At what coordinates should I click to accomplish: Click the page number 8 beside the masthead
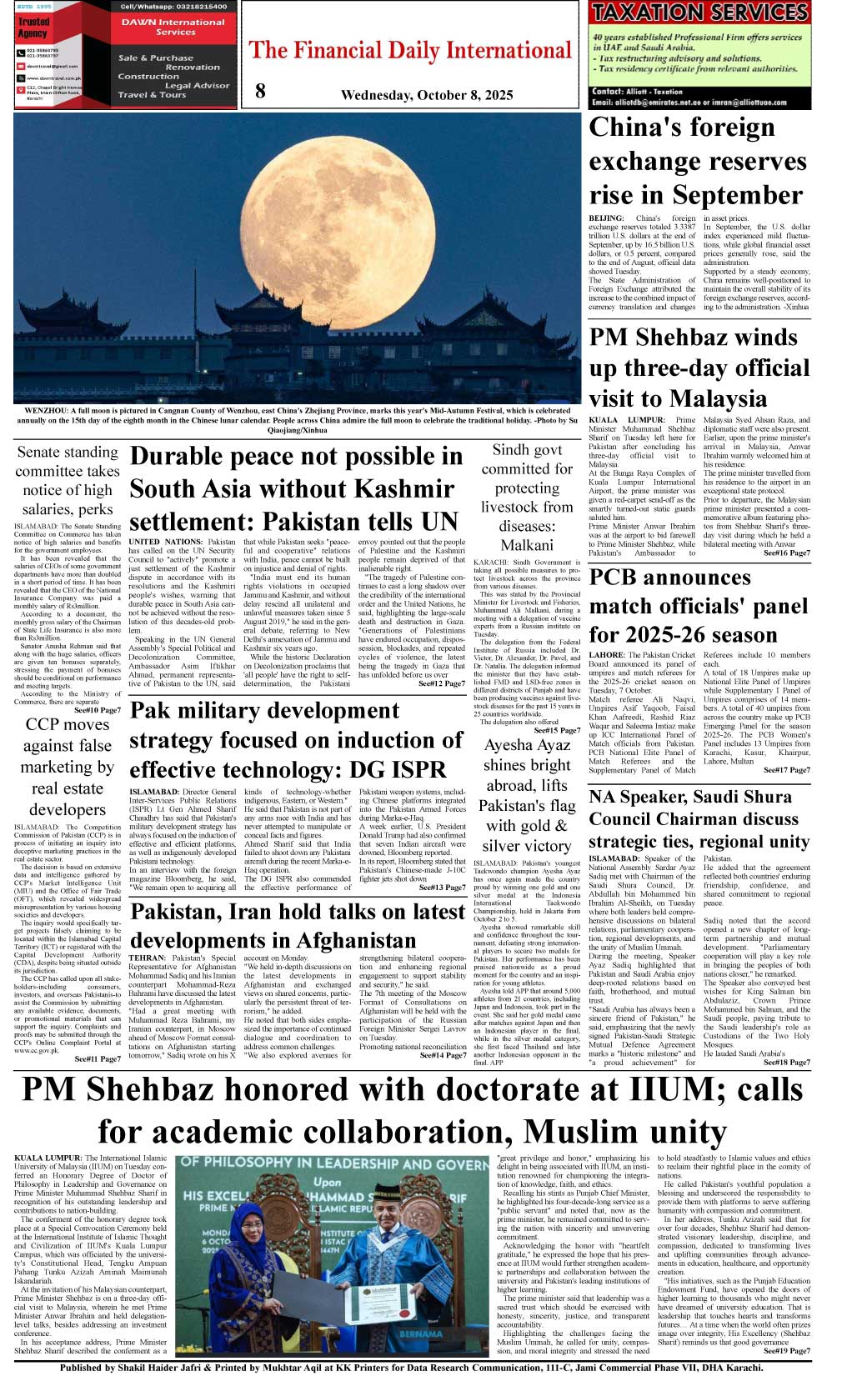[x=260, y=92]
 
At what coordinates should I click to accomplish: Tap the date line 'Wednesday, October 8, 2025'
[x=426, y=95]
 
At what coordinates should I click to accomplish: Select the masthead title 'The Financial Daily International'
[x=411, y=51]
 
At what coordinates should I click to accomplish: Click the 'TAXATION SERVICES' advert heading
[x=699, y=13]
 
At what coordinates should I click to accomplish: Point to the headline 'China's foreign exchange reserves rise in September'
[x=697, y=161]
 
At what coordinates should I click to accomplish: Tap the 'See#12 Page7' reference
[x=442, y=683]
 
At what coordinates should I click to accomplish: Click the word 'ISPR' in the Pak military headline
[x=414, y=770]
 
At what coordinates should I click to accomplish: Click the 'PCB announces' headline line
[x=670, y=577]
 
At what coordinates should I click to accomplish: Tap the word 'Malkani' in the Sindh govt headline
[x=527, y=545]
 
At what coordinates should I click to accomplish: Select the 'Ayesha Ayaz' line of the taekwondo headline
[x=527, y=745]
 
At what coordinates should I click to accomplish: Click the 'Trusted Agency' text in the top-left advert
[x=33, y=28]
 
